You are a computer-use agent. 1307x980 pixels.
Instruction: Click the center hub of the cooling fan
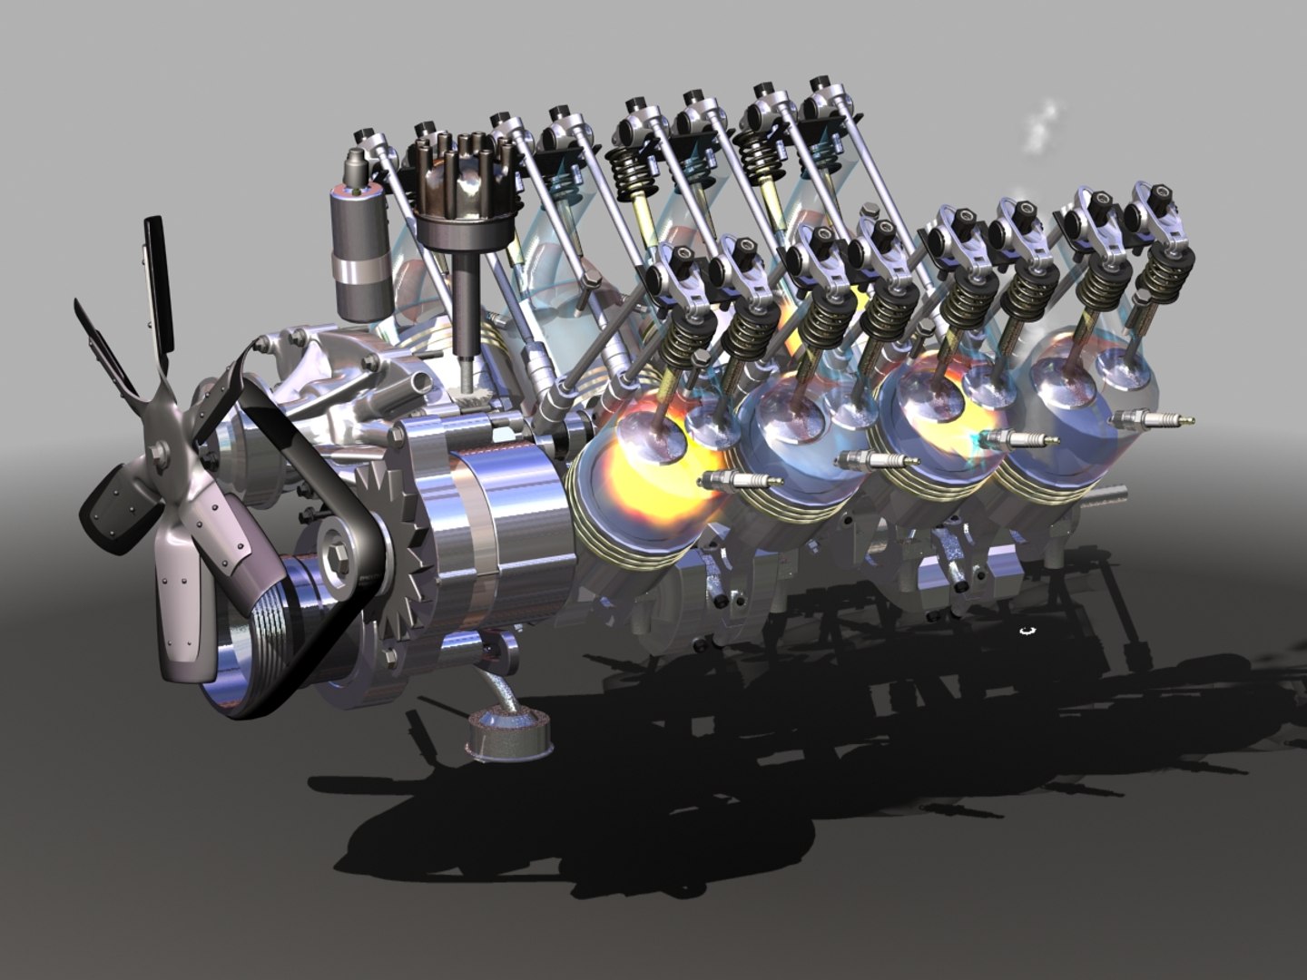(x=159, y=451)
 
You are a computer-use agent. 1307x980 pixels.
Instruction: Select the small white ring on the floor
(x=1027, y=630)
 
